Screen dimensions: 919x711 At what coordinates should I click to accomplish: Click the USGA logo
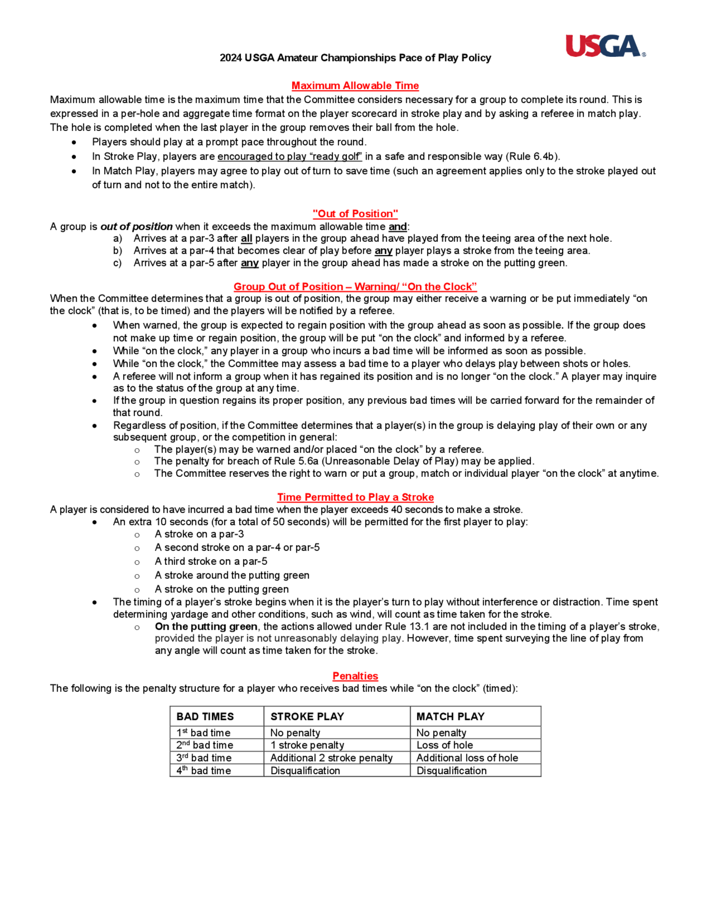[605, 46]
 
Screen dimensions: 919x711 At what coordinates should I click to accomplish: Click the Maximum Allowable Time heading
[355, 86]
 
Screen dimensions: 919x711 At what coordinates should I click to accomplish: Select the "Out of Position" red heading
[355, 214]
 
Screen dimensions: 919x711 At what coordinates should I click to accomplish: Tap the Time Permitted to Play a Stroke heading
[355, 497]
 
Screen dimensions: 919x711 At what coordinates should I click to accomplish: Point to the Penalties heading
[355, 676]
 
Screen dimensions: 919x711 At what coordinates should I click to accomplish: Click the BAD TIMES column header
[205, 717]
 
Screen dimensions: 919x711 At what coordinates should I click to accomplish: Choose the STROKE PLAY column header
[307, 717]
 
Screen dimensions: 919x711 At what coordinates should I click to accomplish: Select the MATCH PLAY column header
[450, 717]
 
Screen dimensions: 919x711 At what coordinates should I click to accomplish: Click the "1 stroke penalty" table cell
[307, 745]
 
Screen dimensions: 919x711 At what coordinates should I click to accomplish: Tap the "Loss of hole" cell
[444, 745]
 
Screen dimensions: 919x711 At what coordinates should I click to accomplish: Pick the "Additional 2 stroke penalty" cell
[331, 758]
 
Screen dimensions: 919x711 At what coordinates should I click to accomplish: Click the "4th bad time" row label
[204, 771]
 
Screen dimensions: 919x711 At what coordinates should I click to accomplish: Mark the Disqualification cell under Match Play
[451, 771]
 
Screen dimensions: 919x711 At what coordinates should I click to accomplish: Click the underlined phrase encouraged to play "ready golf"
[289, 157]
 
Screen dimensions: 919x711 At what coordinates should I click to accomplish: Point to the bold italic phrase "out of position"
[136, 227]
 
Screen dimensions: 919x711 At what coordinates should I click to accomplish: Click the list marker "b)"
[118, 251]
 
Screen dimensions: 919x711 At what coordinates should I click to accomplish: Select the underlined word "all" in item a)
[246, 239]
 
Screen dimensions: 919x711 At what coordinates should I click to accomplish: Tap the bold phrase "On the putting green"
[206, 626]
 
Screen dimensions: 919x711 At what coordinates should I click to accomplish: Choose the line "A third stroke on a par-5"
[210, 561]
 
